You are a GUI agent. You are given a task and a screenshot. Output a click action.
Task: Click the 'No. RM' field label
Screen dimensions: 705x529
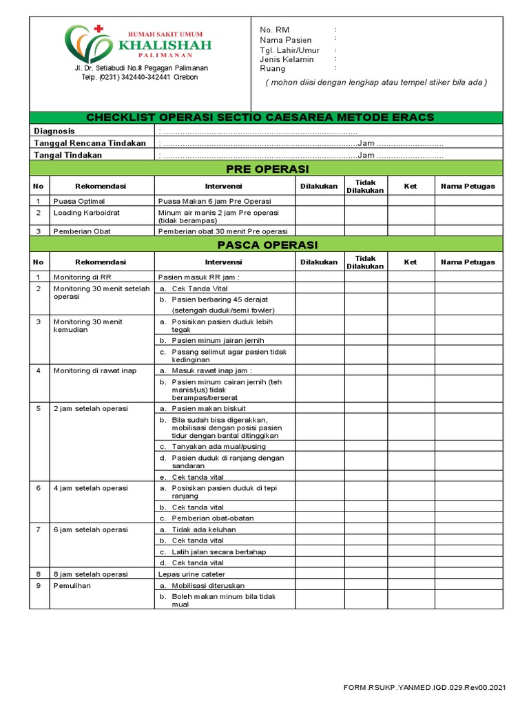(275, 30)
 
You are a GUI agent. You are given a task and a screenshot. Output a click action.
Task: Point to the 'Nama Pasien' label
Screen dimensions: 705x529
(285, 40)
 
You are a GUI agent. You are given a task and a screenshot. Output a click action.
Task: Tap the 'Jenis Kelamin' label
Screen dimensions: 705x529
(287, 59)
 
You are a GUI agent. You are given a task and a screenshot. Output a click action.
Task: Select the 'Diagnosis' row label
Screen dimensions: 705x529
(54, 131)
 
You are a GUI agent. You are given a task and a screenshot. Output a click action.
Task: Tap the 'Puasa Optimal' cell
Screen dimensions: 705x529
(79, 201)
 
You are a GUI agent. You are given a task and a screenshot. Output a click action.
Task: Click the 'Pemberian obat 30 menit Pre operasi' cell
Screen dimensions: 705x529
(222, 231)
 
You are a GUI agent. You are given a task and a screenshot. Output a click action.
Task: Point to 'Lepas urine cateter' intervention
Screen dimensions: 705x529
(191, 574)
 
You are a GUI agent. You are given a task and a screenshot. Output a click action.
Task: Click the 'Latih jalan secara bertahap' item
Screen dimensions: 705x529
(218, 551)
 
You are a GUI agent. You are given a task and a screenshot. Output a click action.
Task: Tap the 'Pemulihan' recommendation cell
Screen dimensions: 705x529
(72, 586)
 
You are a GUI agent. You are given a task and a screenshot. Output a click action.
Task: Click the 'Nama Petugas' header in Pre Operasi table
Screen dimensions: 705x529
(468, 186)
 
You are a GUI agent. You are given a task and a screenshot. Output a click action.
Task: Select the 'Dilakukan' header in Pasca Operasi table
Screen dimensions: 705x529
(319, 262)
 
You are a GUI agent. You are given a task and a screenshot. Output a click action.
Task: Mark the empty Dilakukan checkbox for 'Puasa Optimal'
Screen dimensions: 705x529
(319, 201)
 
